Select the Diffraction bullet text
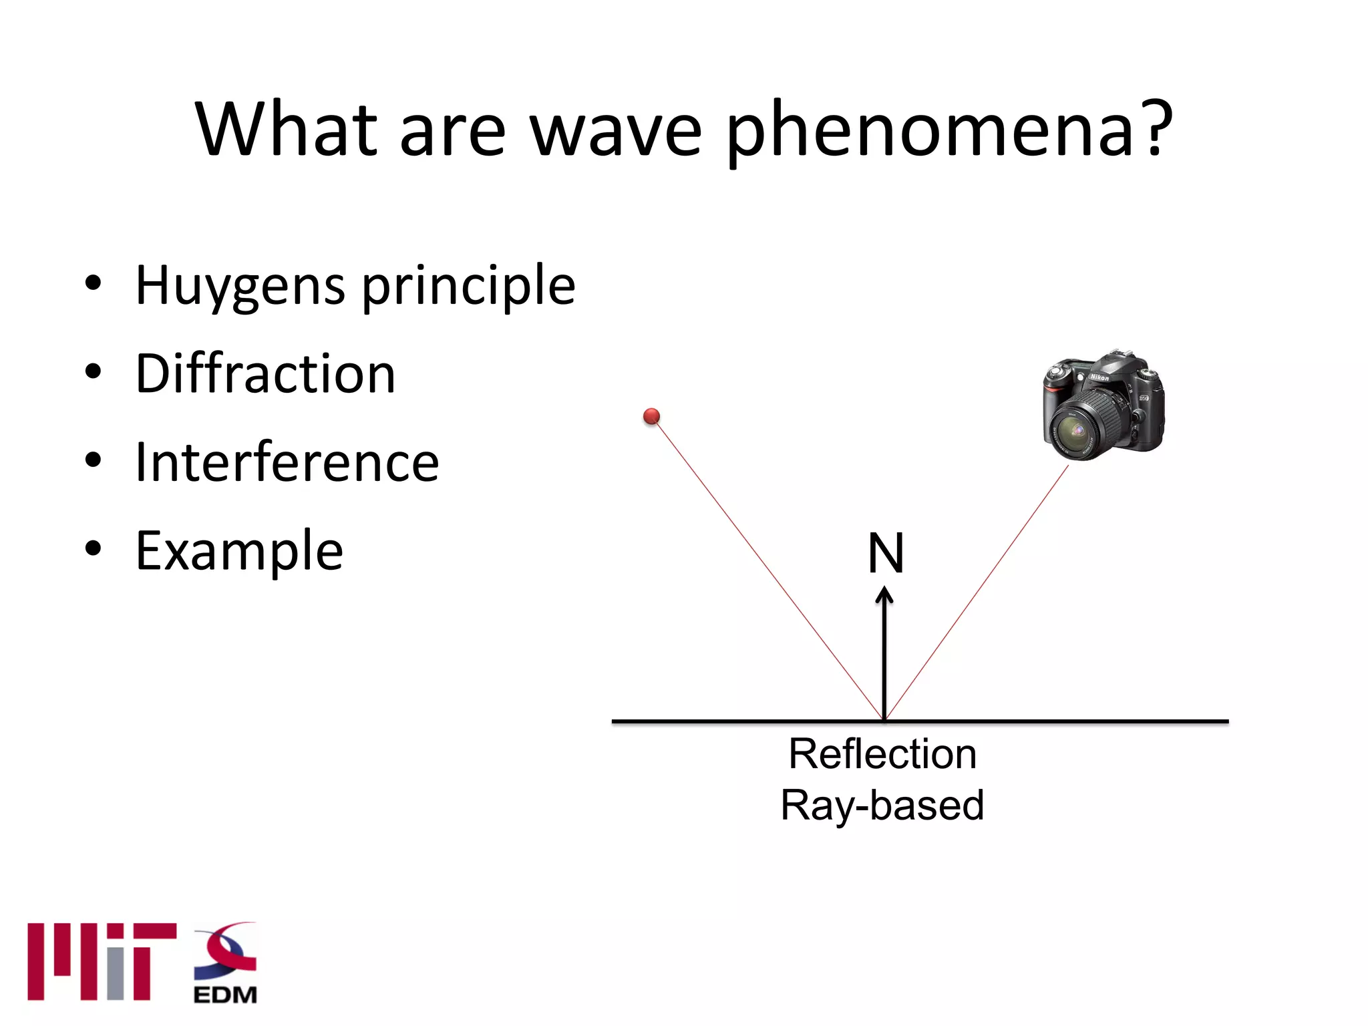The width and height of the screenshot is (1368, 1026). coord(265,373)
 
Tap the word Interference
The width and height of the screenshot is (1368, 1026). coord(287,462)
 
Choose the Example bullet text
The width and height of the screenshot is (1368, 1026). coord(239,551)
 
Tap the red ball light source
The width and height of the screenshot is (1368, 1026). coord(651,417)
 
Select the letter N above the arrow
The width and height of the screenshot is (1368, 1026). coord(886,554)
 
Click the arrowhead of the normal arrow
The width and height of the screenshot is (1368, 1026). coord(884,594)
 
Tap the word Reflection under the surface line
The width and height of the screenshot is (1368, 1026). coord(882,754)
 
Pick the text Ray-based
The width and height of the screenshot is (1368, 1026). coord(882,805)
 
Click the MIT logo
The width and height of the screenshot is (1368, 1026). coord(102,961)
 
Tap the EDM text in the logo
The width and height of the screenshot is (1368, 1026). coord(225,995)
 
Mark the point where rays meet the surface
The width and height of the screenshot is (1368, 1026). coord(884,720)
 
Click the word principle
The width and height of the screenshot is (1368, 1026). coord(468,286)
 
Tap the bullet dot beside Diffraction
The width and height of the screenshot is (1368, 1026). coord(94,371)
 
